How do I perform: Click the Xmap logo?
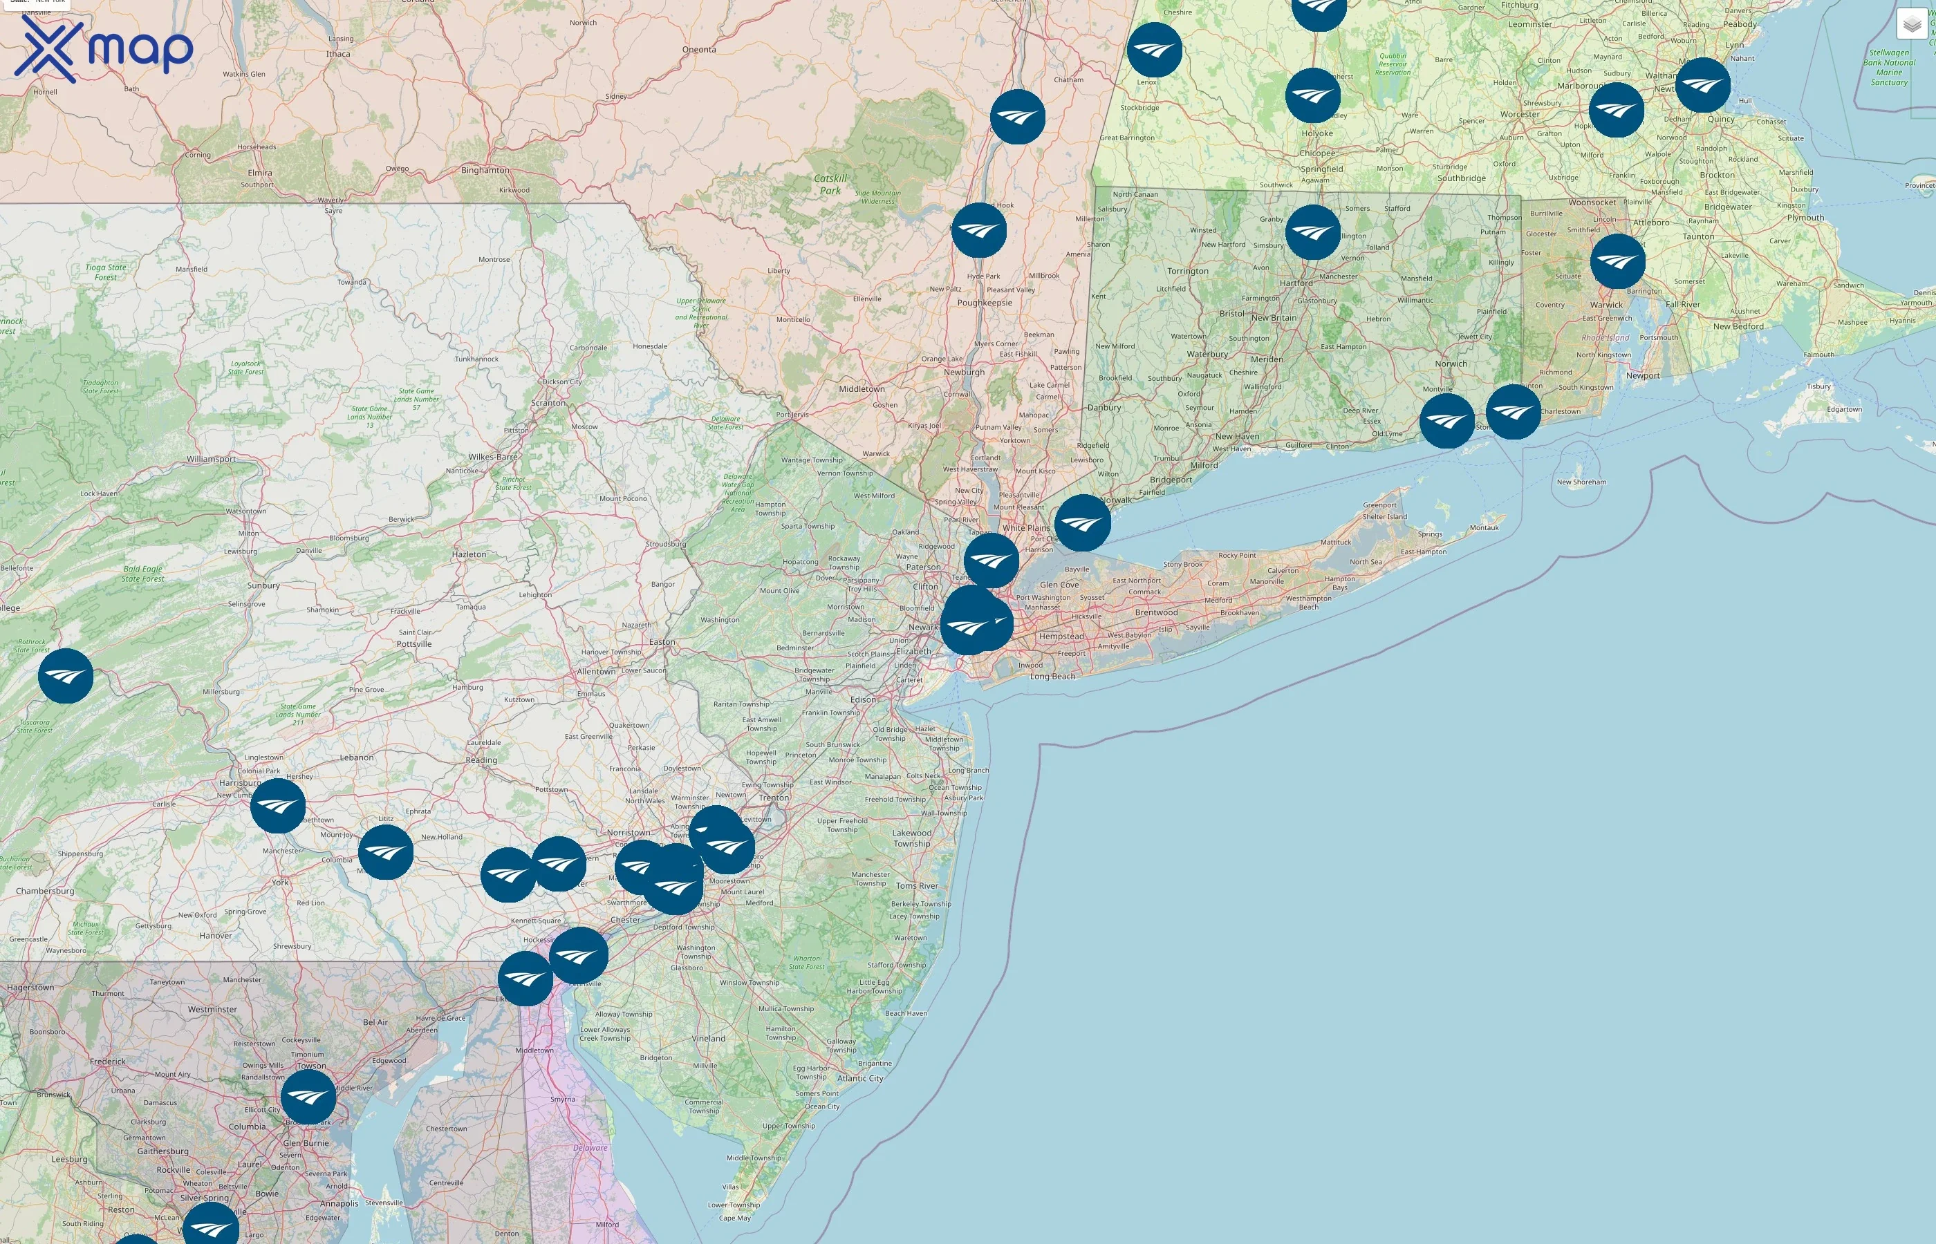pos(104,48)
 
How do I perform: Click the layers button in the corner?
pos(1911,24)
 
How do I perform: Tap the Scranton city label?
pos(548,403)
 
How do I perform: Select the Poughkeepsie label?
pos(984,303)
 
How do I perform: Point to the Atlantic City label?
pos(859,1078)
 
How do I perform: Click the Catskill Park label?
pos(830,184)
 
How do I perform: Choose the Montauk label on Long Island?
pos(1484,527)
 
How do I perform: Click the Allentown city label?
pos(595,671)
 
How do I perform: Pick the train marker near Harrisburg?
pos(278,805)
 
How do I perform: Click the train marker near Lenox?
pos(1154,50)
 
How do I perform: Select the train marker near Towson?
pos(308,1097)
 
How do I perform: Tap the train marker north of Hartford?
pos(1312,232)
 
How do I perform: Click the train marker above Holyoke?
pos(1312,95)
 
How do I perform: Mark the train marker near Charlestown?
pos(1513,412)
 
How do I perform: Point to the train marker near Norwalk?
pos(1082,523)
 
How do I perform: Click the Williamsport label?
pos(211,459)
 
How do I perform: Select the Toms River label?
pos(917,885)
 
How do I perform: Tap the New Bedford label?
pos(1738,326)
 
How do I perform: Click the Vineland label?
pos(708,1038)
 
